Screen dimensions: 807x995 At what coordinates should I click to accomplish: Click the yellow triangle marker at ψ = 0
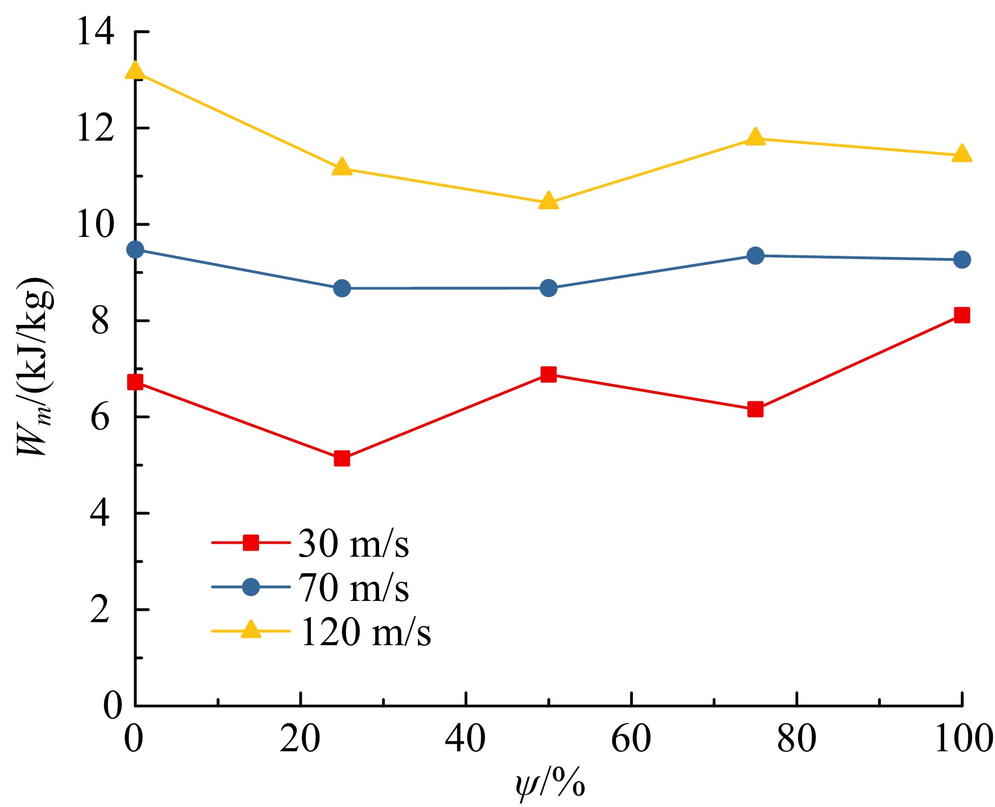pos(135,71)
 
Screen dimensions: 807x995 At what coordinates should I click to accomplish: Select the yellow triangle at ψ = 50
pos(548,201)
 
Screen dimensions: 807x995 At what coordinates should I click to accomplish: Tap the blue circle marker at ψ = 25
pos(342,288)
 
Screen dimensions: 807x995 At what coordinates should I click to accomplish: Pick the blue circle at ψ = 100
pos(961,260)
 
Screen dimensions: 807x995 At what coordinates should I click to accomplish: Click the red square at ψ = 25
pos(342,459)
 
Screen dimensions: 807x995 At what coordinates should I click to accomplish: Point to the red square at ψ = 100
pos(961,315)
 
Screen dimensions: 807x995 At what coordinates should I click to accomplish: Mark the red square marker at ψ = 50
pos(548,374)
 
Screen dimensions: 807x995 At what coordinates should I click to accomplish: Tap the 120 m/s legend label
pos(366,632)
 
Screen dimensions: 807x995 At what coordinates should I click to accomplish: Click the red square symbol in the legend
pos(251,543)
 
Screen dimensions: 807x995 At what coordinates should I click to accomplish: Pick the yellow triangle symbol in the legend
pos(251,630)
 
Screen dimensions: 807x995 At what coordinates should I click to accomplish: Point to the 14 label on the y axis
pos(95,31)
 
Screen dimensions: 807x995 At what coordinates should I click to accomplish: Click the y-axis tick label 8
pos(100,321)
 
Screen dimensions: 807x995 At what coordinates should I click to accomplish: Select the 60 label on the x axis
pos(631,739)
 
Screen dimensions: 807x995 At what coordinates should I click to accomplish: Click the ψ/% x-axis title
pos(550,784)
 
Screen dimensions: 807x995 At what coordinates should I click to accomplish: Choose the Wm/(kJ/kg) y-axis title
pos(35,368)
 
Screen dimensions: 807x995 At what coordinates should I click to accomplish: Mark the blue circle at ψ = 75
pos(755,255)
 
